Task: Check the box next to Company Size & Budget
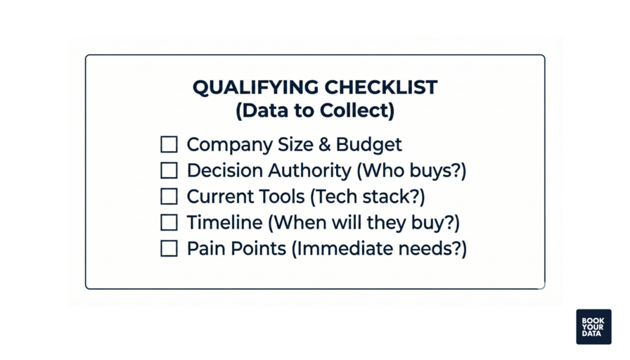tap(169, 145)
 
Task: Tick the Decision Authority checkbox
tap(169, 171)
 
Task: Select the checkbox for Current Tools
tap(169, 197)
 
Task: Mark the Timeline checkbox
tap(169, 223)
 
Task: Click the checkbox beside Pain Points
tap(169, 248)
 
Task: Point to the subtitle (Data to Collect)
tap(314, 111)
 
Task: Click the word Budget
tap(369, 145)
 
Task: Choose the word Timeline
tap(225, 223)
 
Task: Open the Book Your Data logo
tap(593, 327)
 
